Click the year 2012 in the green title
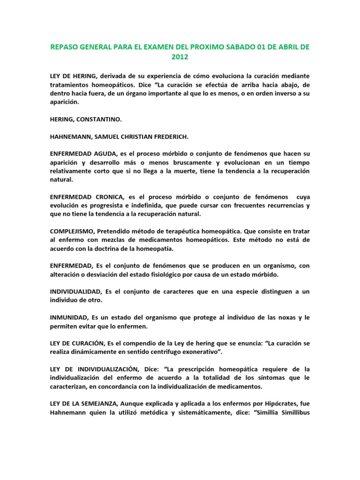pyautogui.click(x=180, y=58)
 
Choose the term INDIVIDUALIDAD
pyautogui.click(x=77, y=291)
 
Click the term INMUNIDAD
pyautogui.click(x=69, y=317)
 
